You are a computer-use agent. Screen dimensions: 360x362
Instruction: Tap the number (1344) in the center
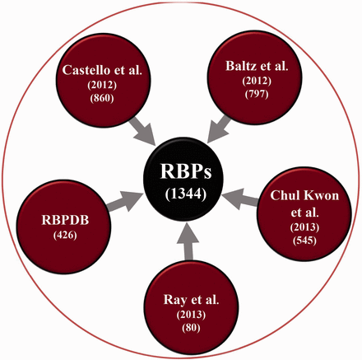183,198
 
